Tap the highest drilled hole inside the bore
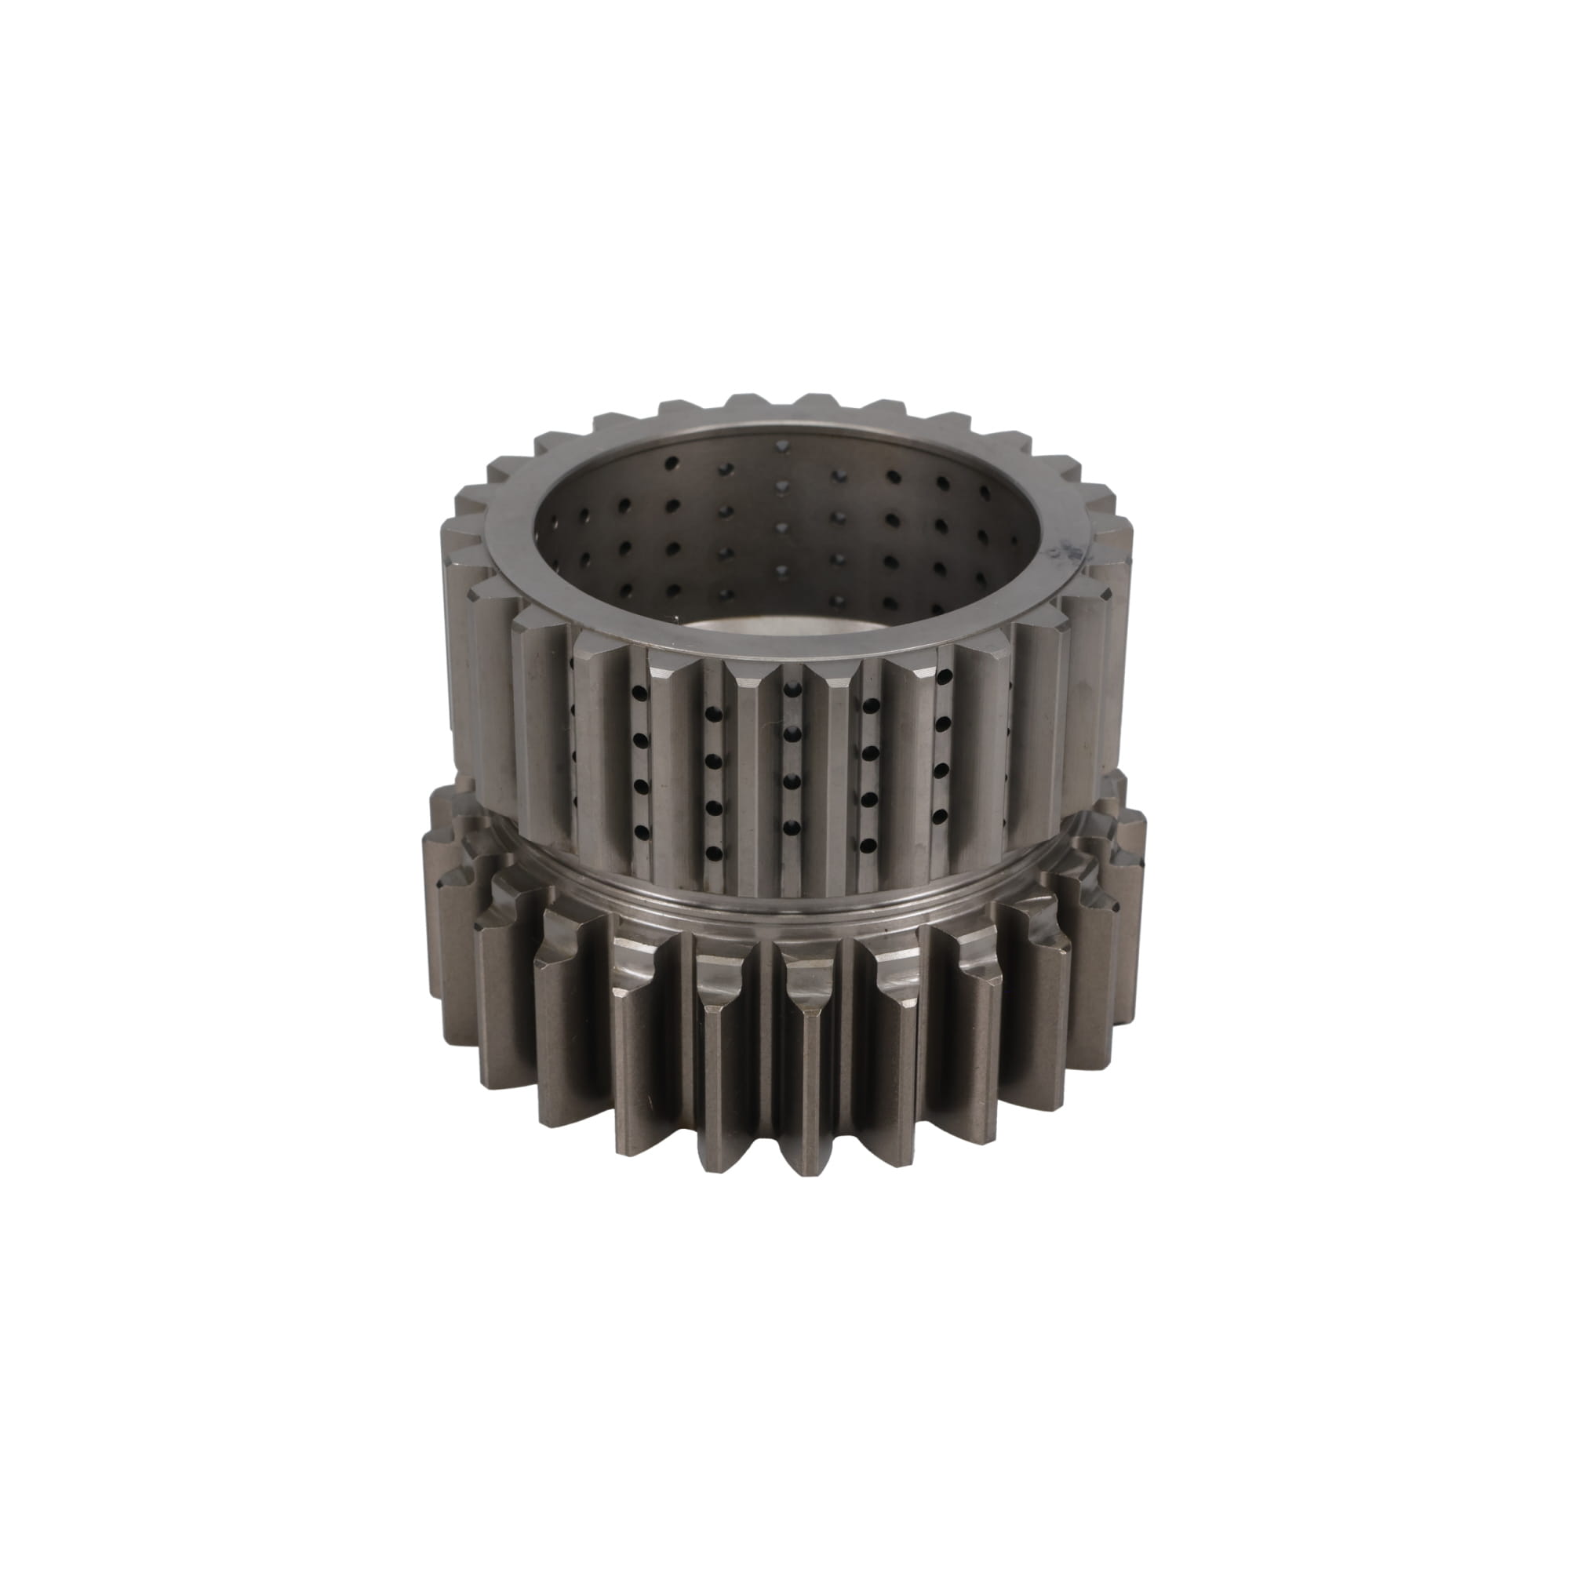pyautogui.click(x=781, y=446)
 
